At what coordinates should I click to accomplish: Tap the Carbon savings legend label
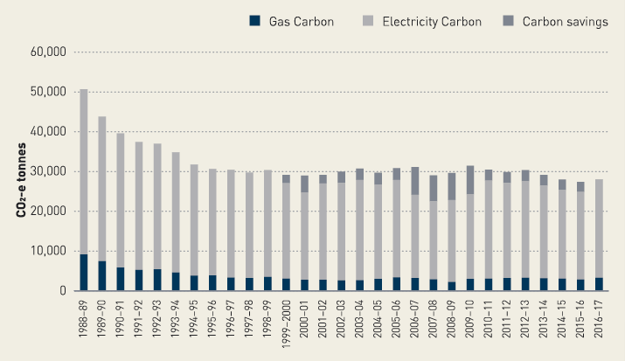coord(565,22)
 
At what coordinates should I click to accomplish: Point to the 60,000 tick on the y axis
coord(49,52)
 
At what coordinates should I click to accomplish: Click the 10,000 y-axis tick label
coord(49,251)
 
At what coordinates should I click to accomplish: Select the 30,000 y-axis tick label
coord(49,171)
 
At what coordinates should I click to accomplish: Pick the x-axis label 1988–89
coord(84,323)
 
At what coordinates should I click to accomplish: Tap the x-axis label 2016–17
coord(599,323)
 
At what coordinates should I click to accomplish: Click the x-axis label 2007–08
coord(434,323)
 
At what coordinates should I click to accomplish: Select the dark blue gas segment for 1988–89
coord(83,272)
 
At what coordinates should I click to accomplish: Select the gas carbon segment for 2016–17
coord(599,284)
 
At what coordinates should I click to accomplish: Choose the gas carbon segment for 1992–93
coord(156,280)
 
